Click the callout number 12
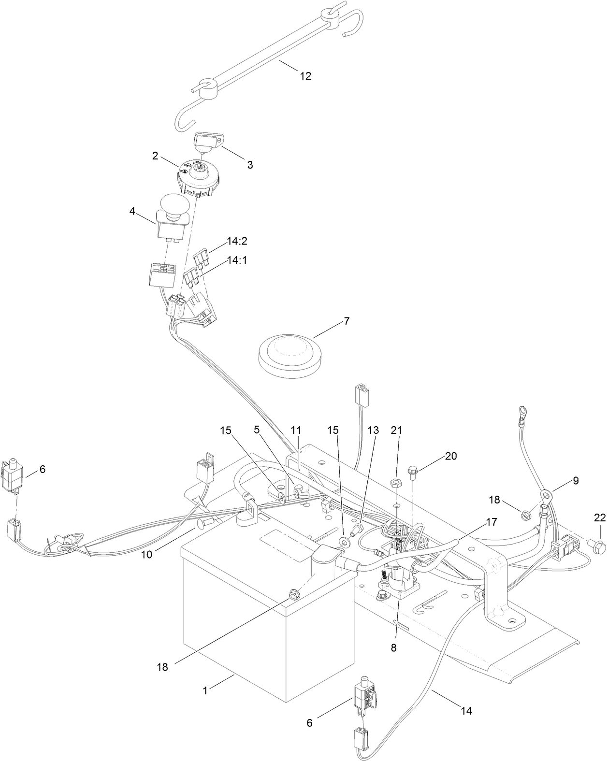tap(305, 76)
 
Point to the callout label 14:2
tap(237, 241)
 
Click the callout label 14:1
tap(237, 260)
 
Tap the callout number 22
tap(599, 517)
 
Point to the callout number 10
tap(146, 554)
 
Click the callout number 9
tap(575, 481)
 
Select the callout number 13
tap(374, 430)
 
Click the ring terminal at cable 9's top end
tap(521, 412)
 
